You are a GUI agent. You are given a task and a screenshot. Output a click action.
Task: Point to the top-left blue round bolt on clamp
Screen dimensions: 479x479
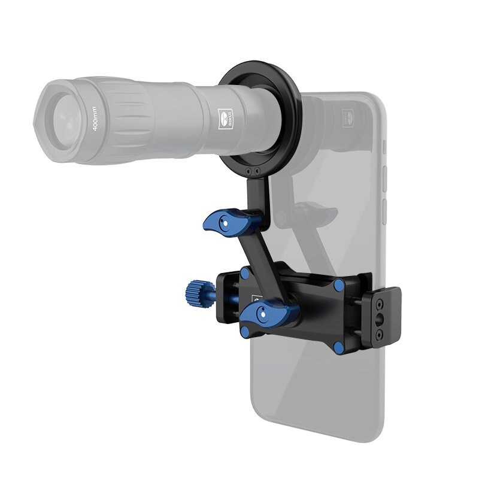pos(244,274)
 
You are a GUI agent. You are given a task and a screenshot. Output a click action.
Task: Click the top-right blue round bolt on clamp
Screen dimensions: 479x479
pos(339,286)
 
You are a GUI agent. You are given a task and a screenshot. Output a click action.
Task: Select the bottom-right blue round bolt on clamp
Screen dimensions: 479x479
pos(338,347)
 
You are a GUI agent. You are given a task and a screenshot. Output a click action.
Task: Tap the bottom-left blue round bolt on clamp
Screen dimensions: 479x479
pos(244,331)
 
